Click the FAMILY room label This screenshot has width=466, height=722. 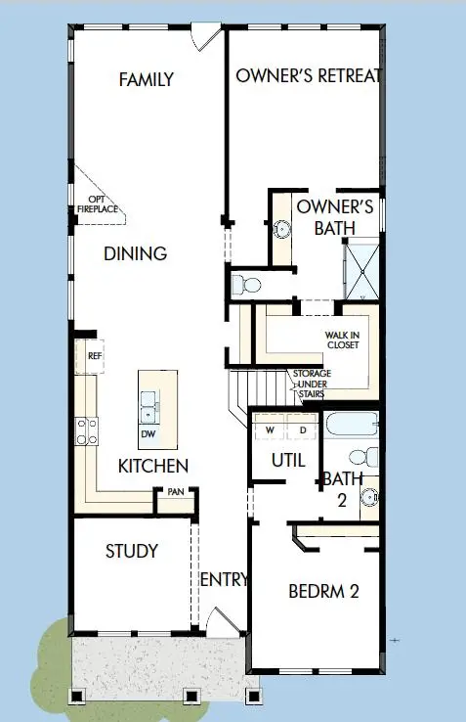[147, 79]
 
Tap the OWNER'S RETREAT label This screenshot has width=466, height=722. [307, 75]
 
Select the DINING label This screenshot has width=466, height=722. [136, 253]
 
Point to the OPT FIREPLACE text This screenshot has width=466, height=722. [99, 204]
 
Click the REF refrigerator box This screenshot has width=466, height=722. [95, 357]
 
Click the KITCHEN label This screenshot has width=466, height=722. [153, 466]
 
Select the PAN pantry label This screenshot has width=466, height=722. [176, 492]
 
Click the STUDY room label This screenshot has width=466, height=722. [132, 551]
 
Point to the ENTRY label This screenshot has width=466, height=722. [224, 580]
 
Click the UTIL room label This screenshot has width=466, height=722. [287, 459]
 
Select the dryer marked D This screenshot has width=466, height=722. [302, 429]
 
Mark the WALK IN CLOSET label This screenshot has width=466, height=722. [342, 339]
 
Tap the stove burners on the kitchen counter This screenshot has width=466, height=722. [85, 429]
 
